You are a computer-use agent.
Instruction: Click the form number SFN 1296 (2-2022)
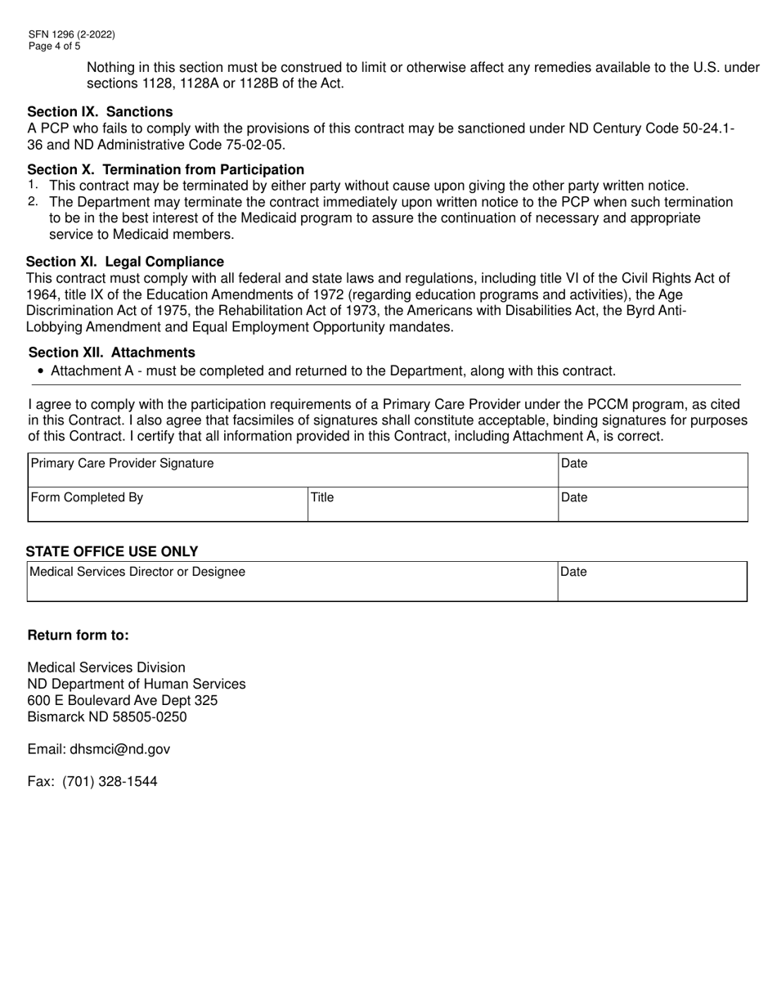[x=71, y=34]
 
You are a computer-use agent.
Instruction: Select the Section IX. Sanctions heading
[x=100, y=111]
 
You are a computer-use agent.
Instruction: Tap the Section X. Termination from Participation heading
[x=165, y=169]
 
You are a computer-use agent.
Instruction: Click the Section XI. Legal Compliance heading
[x=125, y=262]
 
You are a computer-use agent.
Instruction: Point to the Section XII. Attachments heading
[x=111, y=353]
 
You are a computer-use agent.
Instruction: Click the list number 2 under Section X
[x=32, y=201]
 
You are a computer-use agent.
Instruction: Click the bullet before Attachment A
[x=41, y=371]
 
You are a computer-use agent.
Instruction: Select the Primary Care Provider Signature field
[x=292, y=471]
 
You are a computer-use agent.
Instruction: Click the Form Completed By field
[x=167, y=505]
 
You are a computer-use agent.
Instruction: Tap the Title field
[x=432, y=505]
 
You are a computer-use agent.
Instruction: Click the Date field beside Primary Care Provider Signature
[x=652, y=471]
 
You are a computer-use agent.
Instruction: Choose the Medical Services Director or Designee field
[x=292, y=582]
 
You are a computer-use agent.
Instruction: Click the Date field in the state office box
[x=652, y=582]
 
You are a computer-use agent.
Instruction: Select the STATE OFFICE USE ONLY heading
[x=111, y=552]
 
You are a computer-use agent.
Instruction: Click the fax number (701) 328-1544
[x=110, y=781]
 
